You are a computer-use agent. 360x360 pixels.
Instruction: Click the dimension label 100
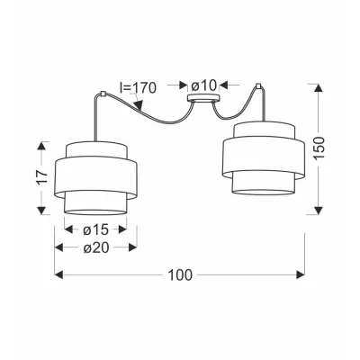[180, 274]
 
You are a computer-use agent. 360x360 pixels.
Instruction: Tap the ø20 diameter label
[95, 247]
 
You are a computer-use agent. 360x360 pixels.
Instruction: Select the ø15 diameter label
[95, 229]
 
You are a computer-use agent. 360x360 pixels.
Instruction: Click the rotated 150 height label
[319, 148]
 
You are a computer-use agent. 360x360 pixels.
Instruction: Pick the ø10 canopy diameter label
[203, 86]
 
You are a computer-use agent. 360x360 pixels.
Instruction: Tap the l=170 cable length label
[138, 87]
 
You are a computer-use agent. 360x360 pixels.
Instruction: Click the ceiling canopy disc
[203, 98]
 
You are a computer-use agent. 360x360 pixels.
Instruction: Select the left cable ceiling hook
[103, 94]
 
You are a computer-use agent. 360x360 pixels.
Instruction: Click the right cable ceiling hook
[258, 86]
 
